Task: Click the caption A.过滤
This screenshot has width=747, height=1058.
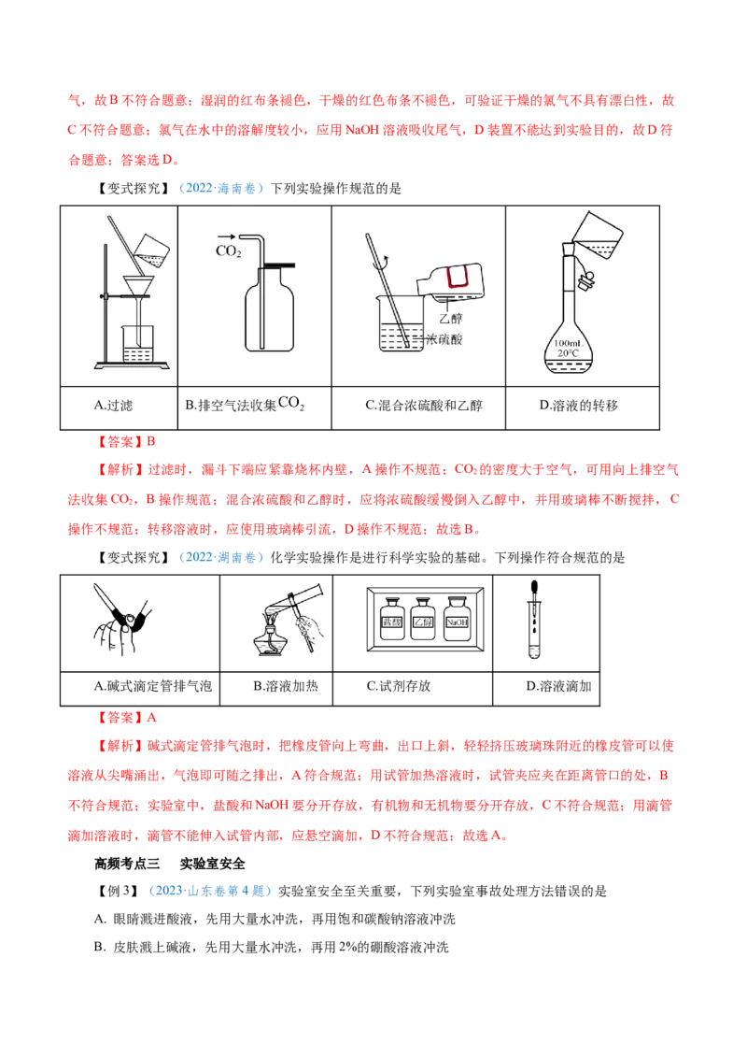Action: coord(113,406)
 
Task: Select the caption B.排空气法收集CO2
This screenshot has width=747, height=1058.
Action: coord(245,405)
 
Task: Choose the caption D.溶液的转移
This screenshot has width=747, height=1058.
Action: coord(578,406)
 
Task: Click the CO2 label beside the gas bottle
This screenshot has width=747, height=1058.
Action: coord(229,251)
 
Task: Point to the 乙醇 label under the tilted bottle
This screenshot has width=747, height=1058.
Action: coord(450,318)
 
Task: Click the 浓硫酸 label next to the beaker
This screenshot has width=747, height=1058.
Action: coord(445,339)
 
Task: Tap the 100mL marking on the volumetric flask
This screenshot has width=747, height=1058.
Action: coord(568,343)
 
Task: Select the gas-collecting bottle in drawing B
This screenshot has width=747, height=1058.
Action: coord(269,309)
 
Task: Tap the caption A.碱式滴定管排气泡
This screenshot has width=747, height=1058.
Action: coord(153,686)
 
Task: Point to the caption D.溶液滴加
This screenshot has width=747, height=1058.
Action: coord(559,686)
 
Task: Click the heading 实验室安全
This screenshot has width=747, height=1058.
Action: coord(212,864)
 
